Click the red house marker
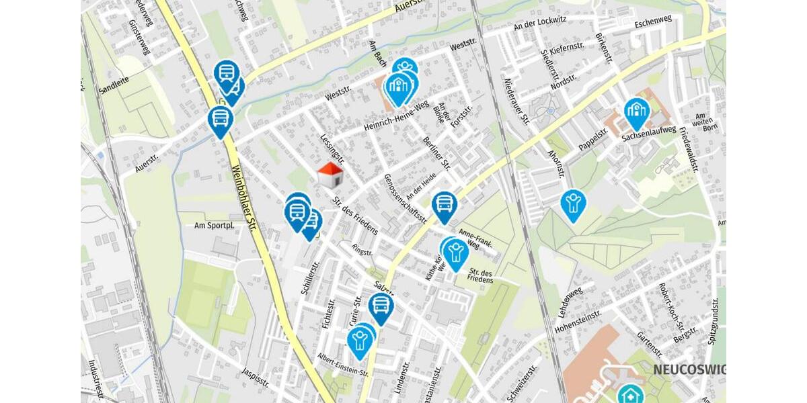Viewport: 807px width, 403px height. click(x=330, y=175)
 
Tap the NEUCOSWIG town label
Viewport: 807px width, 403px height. click(x=689, y=370)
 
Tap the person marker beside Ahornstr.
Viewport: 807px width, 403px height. click(x=573, y=203)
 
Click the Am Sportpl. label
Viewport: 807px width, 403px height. click(x=214, y=226)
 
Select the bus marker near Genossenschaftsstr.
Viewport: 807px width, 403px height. click(x=444, y=205)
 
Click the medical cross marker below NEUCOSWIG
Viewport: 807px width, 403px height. click(x=630, y=395)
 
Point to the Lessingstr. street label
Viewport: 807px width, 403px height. click(x=333, y=148)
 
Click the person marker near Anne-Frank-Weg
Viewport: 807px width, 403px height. click(x=456, y=252)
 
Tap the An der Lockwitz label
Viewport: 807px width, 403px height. click(x=536, y=26)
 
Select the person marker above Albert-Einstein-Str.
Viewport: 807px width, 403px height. click(x=360, y=341)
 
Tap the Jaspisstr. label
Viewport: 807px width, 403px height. click(x=256, y=379)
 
